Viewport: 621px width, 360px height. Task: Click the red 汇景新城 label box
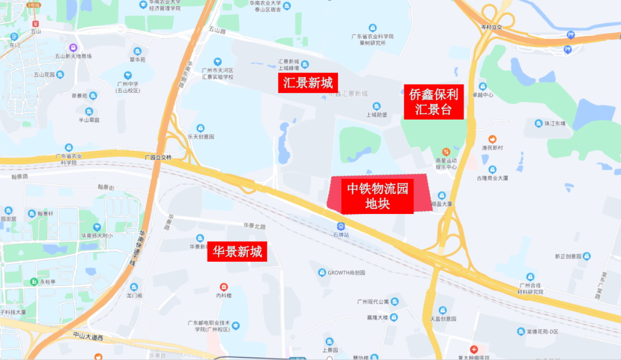click(307, 83)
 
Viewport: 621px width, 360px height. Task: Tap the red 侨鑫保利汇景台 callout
click(434, 102)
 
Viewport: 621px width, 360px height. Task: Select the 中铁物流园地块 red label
click(378, 196)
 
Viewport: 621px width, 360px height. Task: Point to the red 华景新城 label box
click(237, 251)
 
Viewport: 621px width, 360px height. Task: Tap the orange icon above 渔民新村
click(493, 139)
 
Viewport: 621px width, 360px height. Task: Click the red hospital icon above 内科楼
click(223, 286)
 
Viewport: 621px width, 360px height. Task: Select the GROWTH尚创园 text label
click(346, 273)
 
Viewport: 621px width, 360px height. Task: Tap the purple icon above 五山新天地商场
click(73, 48)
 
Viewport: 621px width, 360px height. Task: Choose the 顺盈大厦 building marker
click(442, 195)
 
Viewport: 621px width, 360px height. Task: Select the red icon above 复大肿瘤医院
click(474, 349)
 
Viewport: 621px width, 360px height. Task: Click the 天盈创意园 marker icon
click(442, 310)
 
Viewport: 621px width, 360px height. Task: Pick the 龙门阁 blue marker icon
click(134, 287)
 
